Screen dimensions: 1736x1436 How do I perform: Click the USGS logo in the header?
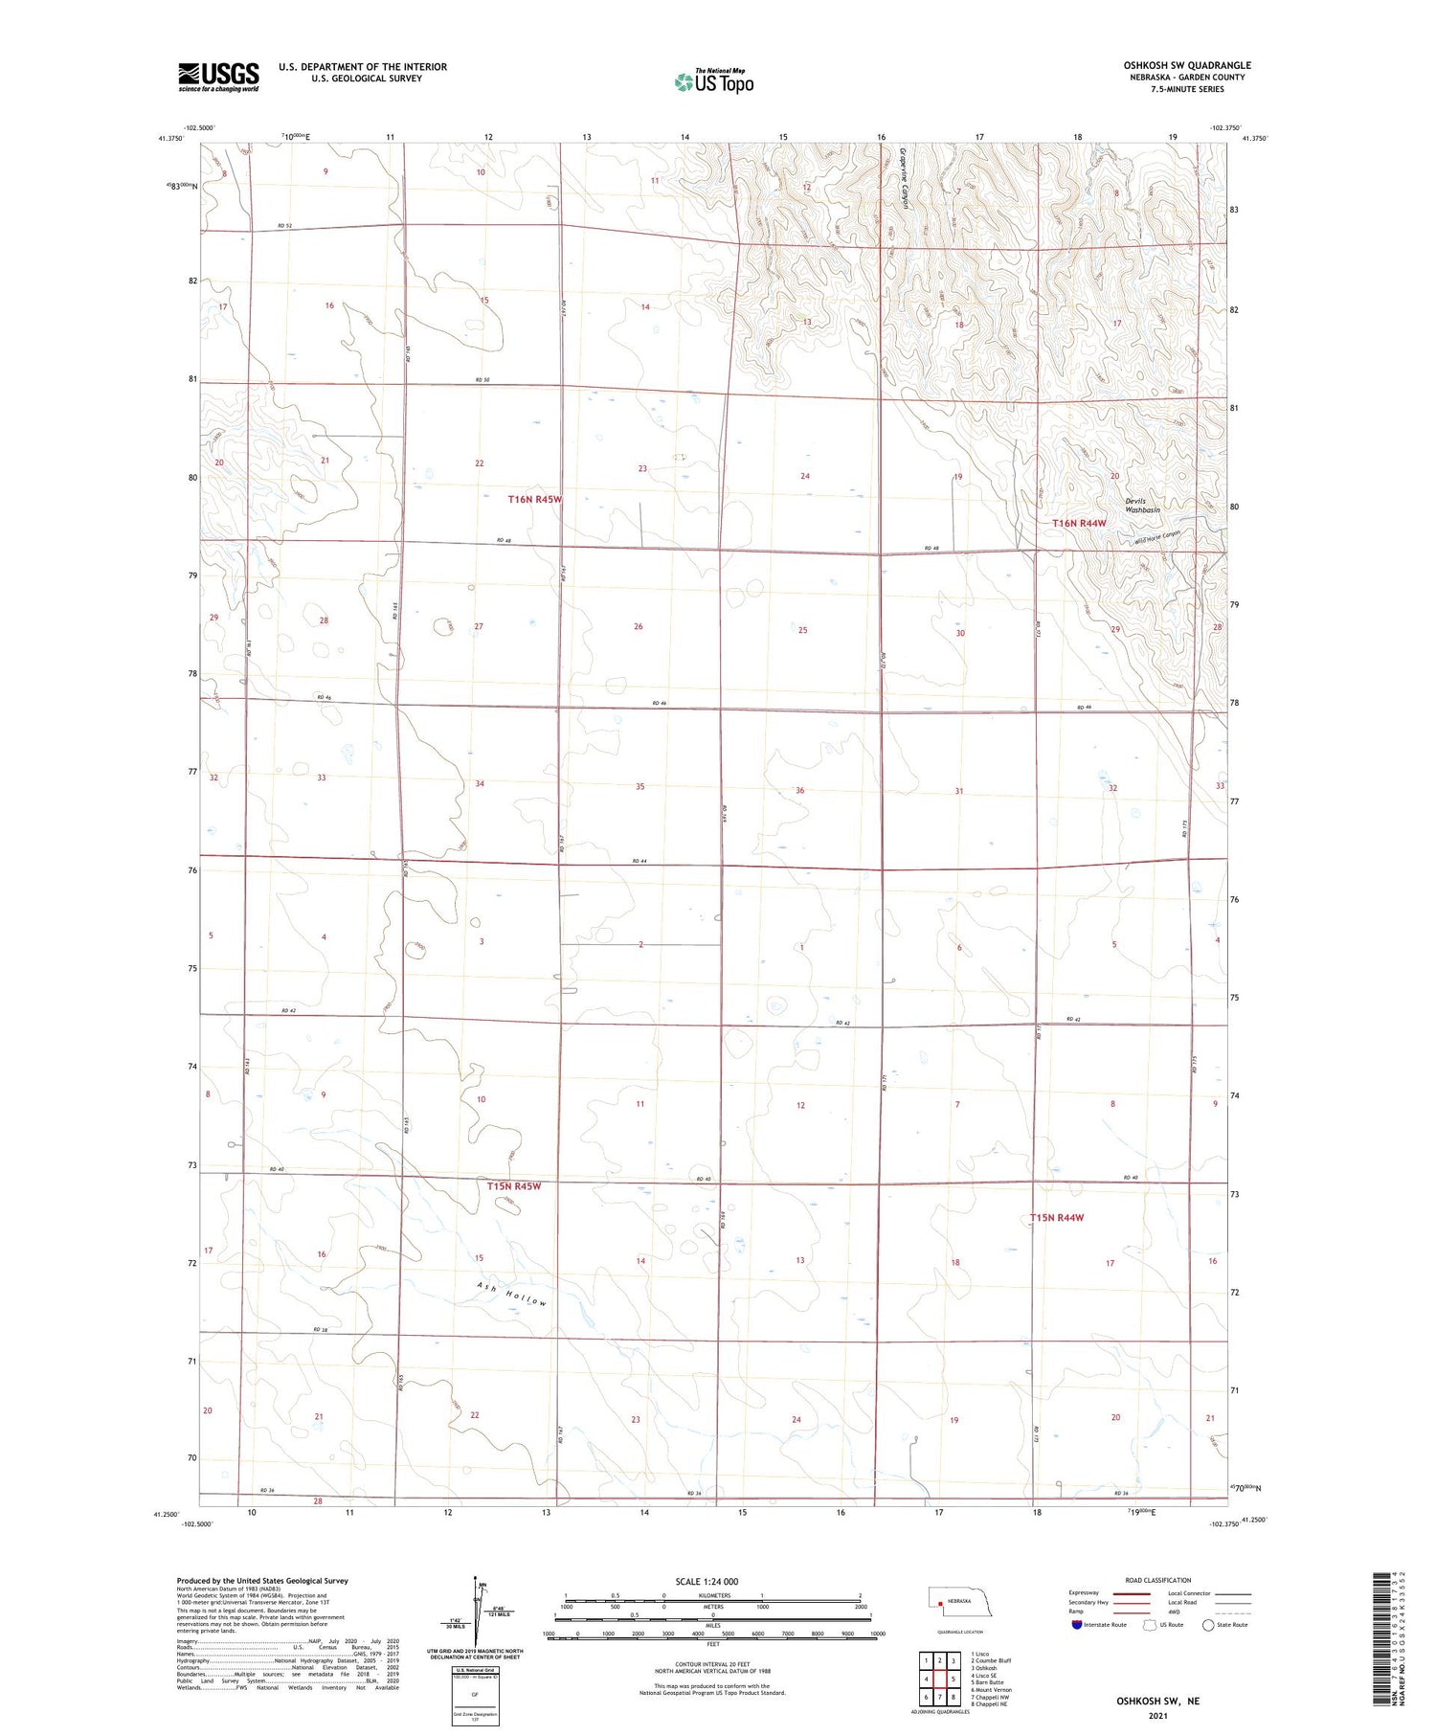[x=218, y=77]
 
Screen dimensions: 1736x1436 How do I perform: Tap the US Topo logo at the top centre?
[x=713, y=81]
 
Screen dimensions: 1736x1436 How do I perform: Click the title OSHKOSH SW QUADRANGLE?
[x=1187, y=65]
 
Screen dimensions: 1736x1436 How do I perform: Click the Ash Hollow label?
[x=513, y=1295]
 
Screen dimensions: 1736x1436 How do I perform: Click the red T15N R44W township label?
[x=1057, y=1218]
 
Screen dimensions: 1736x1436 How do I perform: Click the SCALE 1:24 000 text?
[x=707, y=1582]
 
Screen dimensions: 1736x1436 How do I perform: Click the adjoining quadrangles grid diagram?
[x=940, y=1679]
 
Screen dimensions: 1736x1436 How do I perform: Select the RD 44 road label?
[x=639, y=862]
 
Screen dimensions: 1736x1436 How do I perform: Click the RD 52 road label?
[x=284, y=225]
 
